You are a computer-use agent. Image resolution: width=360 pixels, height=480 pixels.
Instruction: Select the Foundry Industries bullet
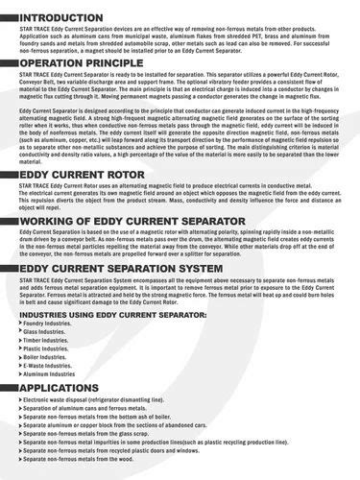tap(48, 324)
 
